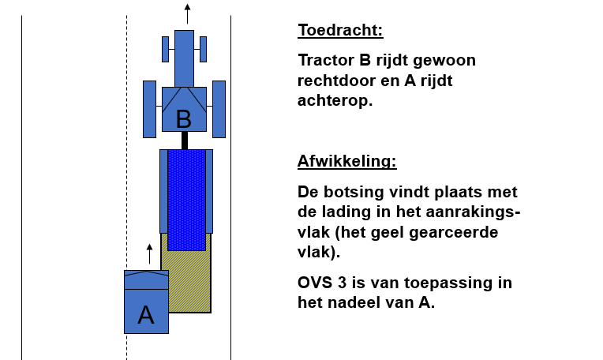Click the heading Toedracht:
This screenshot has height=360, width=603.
pos(340,30)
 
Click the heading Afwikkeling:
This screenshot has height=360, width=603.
pos(346,161)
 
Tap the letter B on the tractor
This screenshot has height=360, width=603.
pos(183,119)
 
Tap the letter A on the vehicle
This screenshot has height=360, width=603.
pos(146,315)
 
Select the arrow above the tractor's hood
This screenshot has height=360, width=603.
pos(187,14)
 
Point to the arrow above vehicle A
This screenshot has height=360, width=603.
pos(150,254)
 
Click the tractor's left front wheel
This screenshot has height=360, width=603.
pos(166,49)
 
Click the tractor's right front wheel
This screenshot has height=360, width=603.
pos(203,49)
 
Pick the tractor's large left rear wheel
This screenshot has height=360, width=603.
pos(150,109)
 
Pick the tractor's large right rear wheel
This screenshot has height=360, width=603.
pos(219,109)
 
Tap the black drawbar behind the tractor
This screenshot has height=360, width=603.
pos(185,141)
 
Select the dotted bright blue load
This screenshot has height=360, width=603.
pos(186,200)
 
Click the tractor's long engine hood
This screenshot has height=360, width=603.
pos(184,58)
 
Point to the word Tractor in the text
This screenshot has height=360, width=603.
pos(326,60)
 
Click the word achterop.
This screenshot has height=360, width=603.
pos(335,101)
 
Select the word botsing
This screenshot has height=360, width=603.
pos(354,193)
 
